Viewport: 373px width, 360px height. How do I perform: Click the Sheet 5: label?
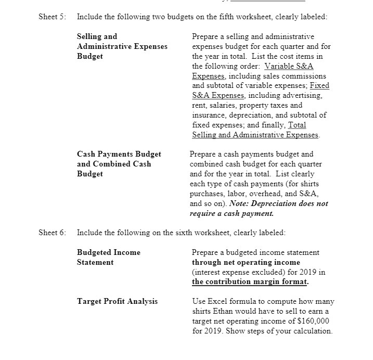52,17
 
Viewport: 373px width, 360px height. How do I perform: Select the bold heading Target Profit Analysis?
117,301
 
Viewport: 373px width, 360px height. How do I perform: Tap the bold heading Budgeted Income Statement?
108,257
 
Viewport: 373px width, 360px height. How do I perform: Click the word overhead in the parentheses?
267,194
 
